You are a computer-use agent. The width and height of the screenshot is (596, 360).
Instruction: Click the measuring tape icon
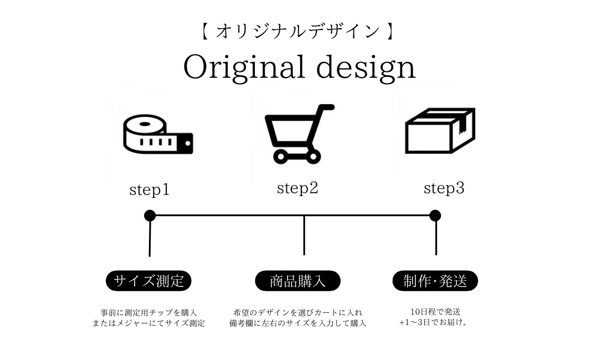tap(157, 134)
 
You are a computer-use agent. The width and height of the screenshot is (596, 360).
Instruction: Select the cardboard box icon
tap(440, 131)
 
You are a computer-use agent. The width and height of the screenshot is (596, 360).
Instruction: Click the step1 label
tap(150, 191)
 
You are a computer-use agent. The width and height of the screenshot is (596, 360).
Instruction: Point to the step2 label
tap(297, 189)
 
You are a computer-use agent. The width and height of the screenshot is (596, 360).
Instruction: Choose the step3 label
tap(444, 189)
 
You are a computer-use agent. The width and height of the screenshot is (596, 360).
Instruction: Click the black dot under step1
tap(150, 215)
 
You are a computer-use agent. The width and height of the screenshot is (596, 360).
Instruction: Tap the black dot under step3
tap(435, 215)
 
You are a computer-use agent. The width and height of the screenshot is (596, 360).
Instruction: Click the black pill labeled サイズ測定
tap(148, 281)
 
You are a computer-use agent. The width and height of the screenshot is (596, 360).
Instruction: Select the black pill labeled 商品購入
tap(297, 281)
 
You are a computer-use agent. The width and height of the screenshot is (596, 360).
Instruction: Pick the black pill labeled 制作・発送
tap(435, 281)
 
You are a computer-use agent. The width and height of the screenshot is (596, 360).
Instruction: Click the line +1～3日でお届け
tap(433, 322)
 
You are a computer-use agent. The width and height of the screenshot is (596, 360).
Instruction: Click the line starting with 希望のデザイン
tap(297, 312)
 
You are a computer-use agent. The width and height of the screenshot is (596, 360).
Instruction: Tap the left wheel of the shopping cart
tap(280, 157)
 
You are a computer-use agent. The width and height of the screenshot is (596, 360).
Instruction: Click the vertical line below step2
tap(304, 235)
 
